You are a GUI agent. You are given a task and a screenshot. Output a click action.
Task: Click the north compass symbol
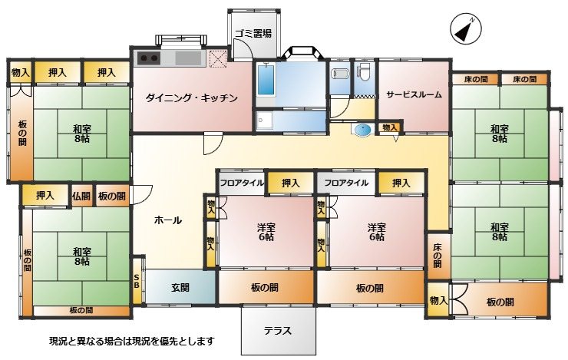point(466,30)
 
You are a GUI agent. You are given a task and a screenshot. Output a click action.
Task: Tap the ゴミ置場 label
point(253,34)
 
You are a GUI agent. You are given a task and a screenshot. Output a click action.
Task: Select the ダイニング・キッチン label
point(192,97)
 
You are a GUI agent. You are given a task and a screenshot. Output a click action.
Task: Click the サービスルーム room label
point(414,95)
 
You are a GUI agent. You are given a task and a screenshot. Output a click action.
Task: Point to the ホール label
point(168,220)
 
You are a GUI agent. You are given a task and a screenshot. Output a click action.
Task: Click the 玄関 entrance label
point(180,288)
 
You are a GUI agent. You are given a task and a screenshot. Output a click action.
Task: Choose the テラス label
point(278,331)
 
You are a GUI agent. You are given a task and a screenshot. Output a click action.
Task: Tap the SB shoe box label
point(136,282)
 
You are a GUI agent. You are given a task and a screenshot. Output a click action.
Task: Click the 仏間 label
point(81,196)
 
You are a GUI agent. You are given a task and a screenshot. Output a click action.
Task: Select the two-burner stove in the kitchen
point(149,58)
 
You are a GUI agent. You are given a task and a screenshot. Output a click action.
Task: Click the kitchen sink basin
point(188,58)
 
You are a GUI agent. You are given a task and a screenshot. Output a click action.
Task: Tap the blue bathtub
point(266,79)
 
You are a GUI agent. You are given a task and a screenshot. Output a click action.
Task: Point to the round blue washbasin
point(363,130)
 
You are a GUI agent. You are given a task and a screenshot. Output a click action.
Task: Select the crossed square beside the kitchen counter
point(218,58)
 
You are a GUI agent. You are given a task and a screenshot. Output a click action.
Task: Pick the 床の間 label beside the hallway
point(438,256)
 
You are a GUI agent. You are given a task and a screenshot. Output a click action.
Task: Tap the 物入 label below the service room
point(390,127)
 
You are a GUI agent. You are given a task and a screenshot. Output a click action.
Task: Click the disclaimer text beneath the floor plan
point(132,341)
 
